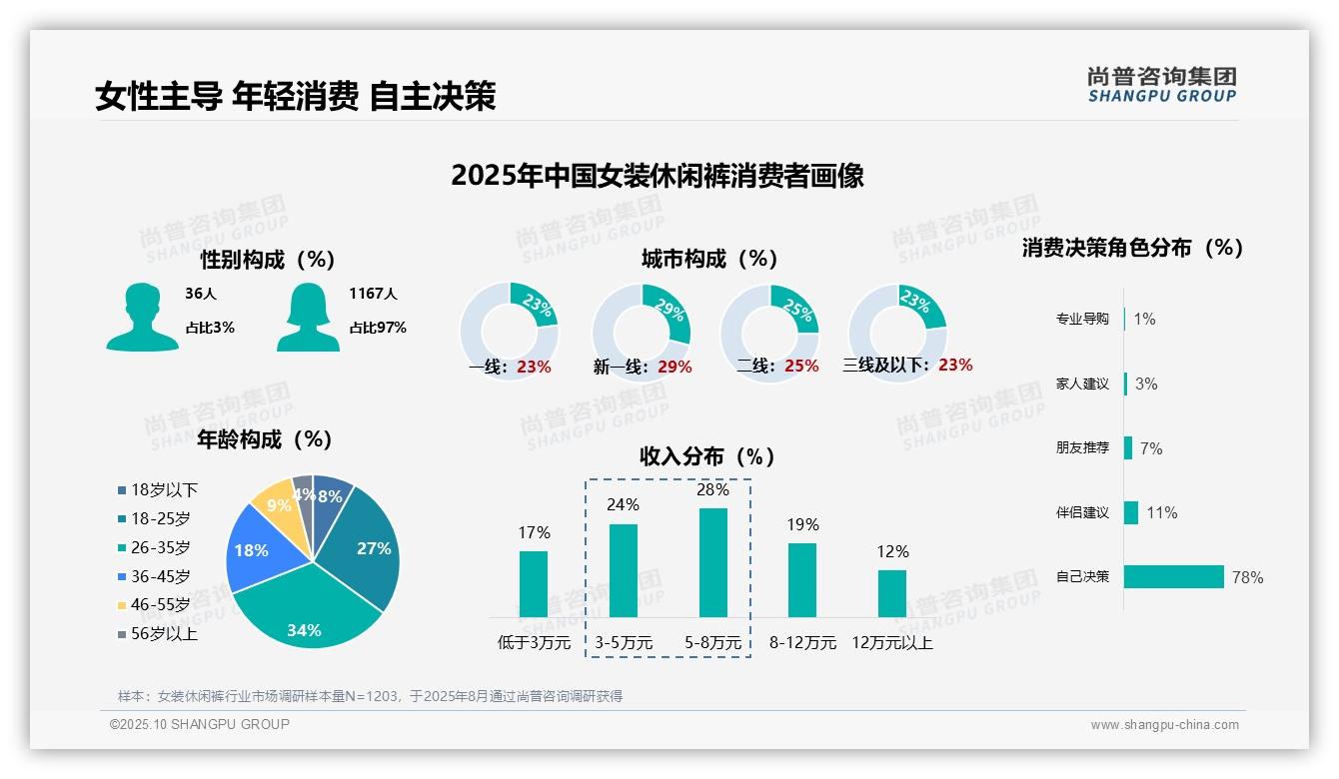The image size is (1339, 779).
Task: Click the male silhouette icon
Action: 142,317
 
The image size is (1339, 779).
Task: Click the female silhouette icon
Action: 308,317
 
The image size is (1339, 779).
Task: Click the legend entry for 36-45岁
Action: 160,576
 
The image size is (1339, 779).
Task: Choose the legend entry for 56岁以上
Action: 164,634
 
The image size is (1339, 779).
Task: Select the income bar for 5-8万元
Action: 712,562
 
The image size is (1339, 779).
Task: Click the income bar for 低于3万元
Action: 534,583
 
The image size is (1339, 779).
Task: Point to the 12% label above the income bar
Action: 892,551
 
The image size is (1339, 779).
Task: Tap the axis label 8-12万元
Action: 802,643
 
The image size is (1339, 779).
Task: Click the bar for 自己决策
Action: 1174,576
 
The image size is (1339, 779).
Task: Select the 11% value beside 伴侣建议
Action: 1162,512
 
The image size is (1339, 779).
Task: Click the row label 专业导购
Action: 1082,319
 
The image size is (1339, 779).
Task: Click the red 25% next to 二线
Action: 801,367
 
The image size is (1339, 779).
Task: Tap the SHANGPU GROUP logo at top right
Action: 1162,85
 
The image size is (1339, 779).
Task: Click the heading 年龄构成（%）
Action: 265,438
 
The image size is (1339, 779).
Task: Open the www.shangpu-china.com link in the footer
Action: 1164,725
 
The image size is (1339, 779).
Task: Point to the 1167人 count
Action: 373,294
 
